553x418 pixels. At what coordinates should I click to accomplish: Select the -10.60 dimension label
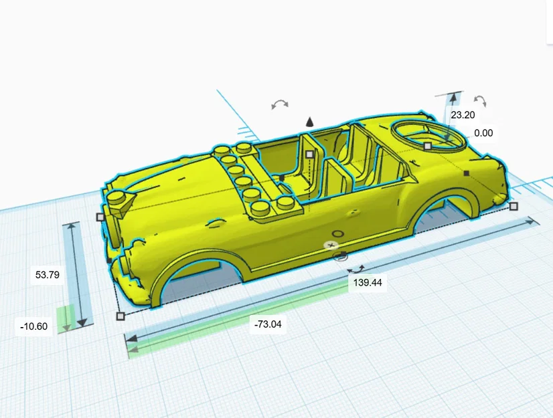34,326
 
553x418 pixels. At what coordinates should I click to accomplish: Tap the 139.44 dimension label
368,283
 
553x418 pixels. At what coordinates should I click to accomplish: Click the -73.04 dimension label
267,325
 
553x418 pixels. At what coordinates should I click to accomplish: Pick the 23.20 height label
463,115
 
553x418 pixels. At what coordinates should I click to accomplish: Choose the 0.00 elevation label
483,133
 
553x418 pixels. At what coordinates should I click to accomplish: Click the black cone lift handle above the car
309,122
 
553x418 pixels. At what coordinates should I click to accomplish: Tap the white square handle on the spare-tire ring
427,146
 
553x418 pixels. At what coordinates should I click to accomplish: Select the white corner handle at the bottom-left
121,316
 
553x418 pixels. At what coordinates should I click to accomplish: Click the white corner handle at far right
513,207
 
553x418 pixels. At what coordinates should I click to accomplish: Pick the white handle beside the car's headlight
100,217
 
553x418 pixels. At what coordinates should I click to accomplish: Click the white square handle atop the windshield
309,154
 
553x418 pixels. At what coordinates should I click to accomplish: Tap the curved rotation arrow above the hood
280,104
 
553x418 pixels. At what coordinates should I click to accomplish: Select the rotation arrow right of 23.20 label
480,101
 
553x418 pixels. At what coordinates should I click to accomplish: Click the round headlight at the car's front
119,197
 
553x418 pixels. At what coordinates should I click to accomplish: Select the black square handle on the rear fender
466,173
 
